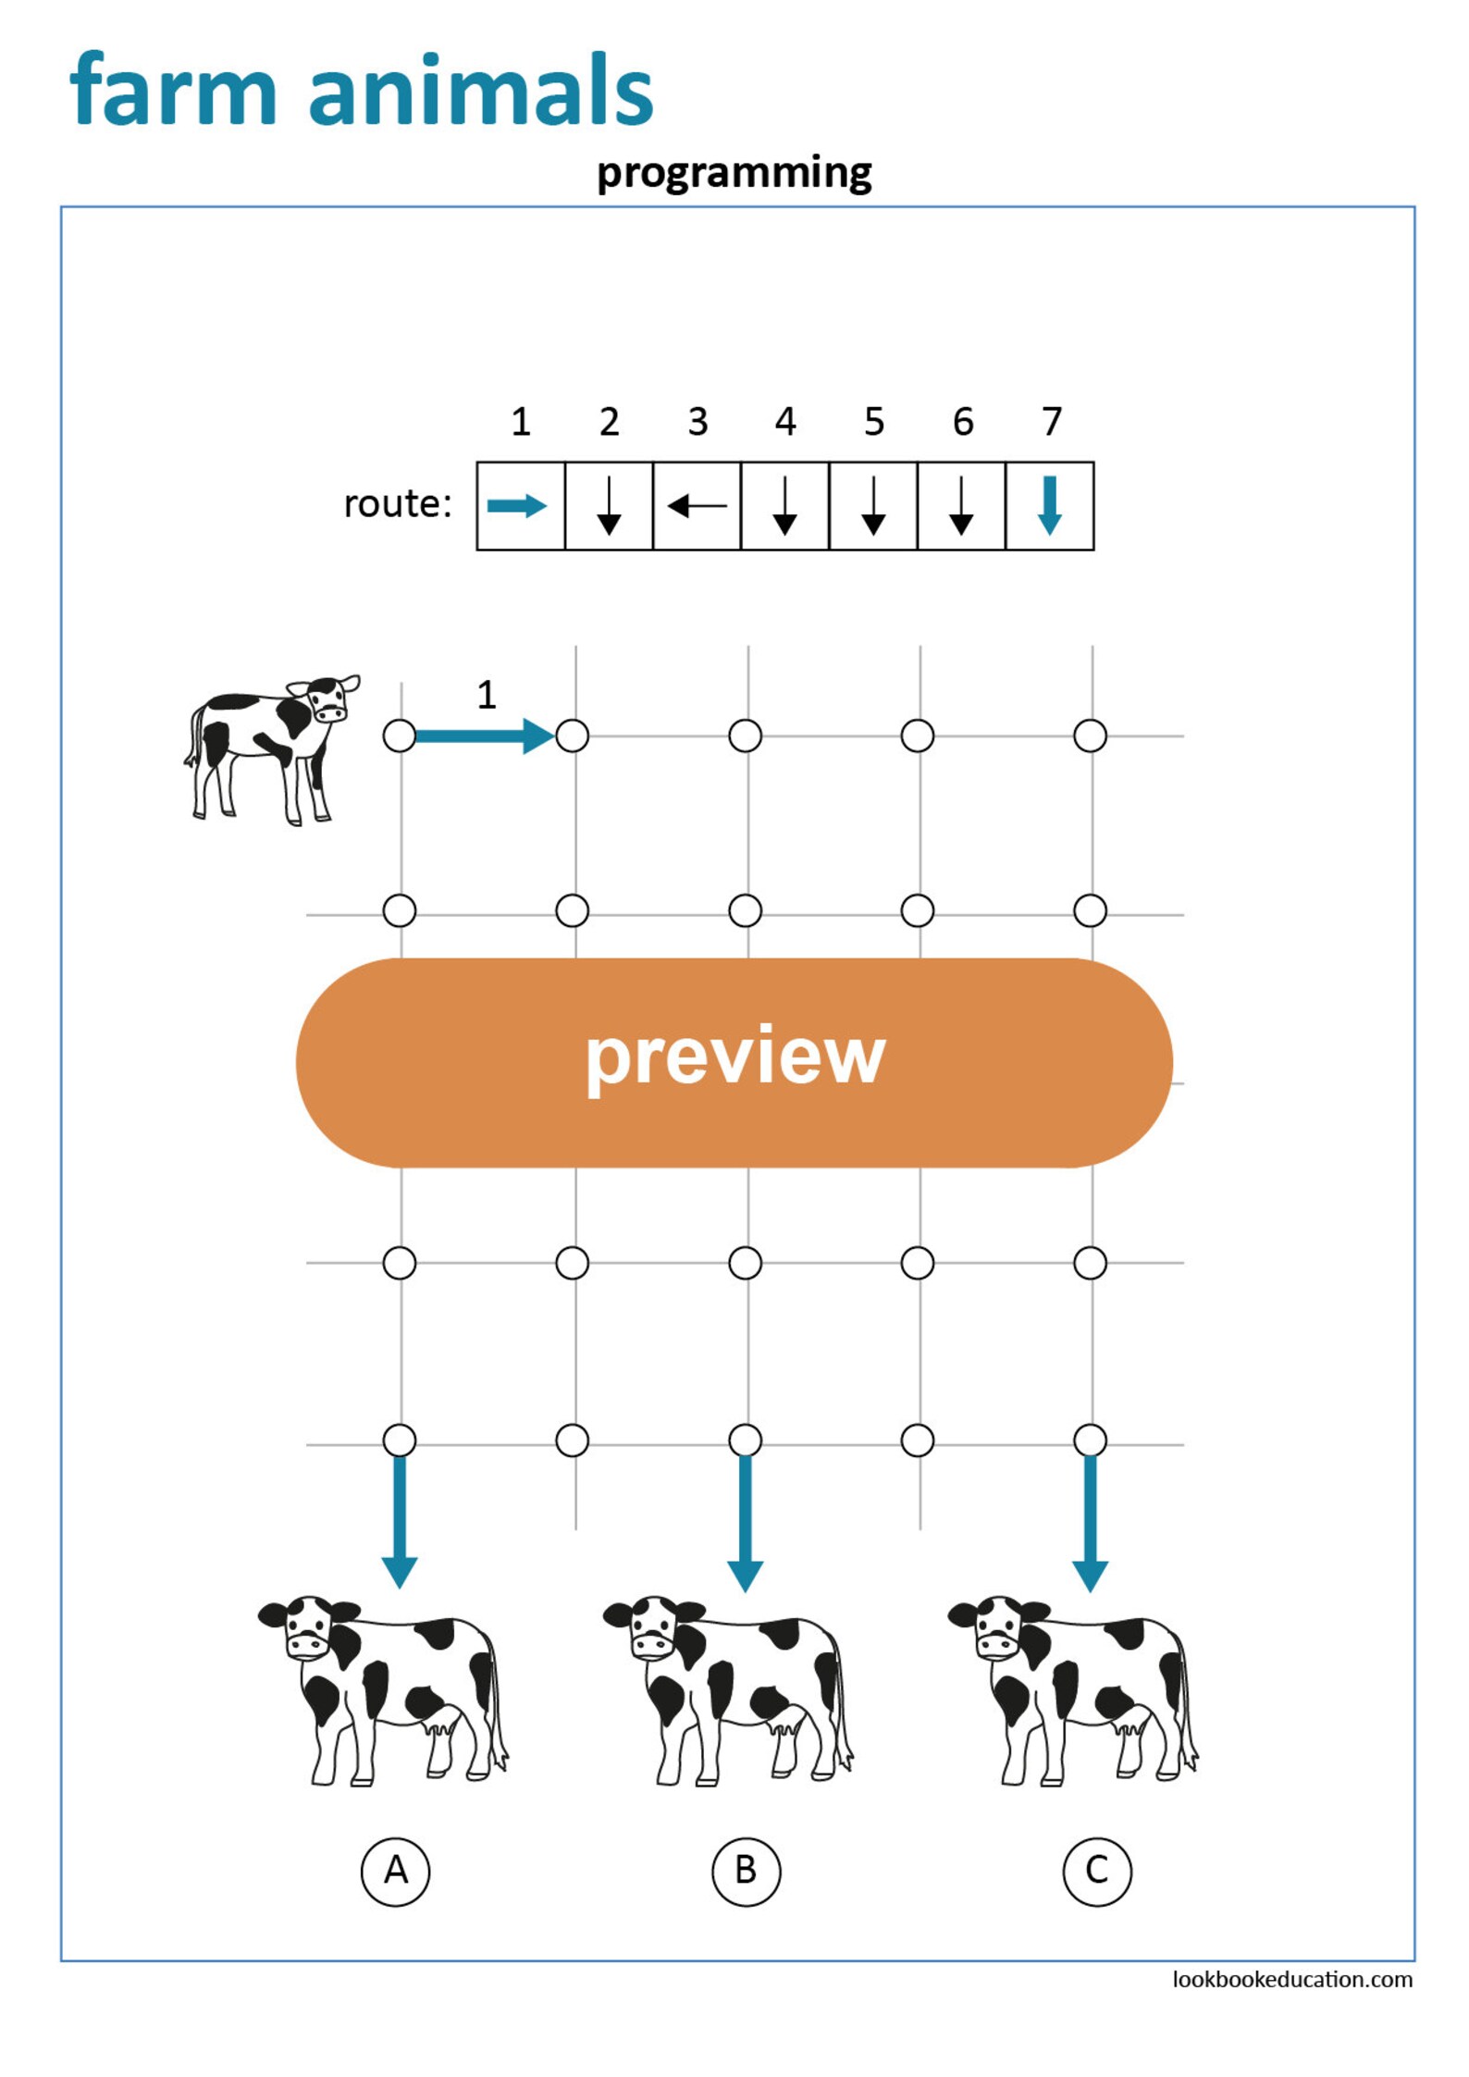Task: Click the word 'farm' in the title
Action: tap(173, 91)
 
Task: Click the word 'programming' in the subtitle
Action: tap(734, 173)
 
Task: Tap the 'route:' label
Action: tap(398, 504)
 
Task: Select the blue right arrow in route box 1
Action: tap(518, 506)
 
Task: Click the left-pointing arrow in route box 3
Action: tap(697, 506)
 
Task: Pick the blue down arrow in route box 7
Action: tap(1049, 505)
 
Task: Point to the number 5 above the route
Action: tap(874, 422)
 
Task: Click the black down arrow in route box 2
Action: tap(609, 506)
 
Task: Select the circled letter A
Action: tap(395, 1871)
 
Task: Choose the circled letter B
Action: tap(746, 1871)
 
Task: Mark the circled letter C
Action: tap(1096, 1871)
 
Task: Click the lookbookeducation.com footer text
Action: tap(1291, 1979)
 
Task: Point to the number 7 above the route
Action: tap(1051, 422)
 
